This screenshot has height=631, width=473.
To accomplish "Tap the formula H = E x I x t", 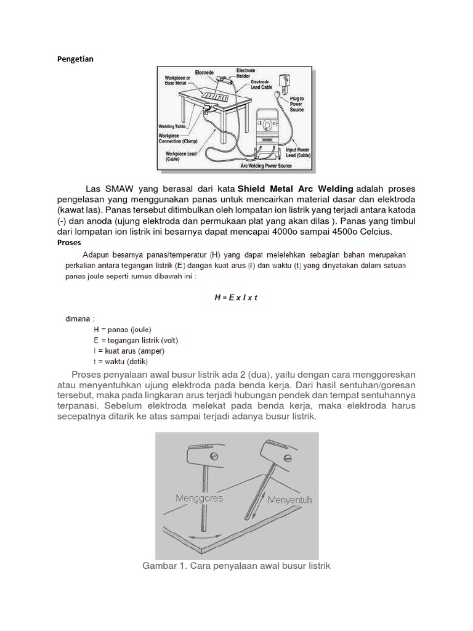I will (x=235, y=297).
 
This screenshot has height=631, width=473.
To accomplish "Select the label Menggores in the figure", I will (x=199, y=497).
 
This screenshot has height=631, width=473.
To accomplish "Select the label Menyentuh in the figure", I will (x=289, y=500).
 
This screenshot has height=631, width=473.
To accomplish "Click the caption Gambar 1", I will (x=236, y=565).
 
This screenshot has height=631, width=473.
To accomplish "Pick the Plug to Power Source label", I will (x=297, y=104).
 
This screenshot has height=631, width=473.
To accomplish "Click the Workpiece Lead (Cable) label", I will (x=181, y=156).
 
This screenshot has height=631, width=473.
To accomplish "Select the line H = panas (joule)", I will (x=122, y=329).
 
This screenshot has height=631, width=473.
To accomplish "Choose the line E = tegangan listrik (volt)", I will (x=135, y=340).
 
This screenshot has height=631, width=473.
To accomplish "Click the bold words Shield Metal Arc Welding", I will (x=296, y=189).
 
